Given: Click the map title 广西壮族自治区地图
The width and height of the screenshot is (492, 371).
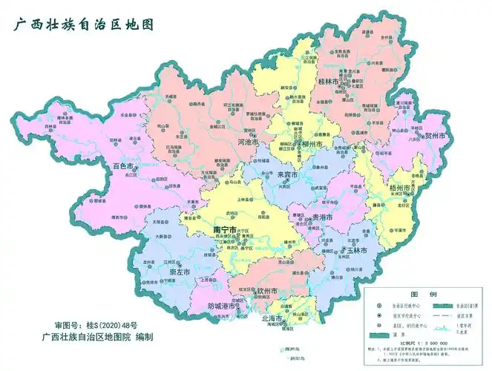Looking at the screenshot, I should pyautogui.click(x=82, y=24).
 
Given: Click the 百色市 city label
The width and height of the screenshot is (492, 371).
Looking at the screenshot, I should pyautogui.click(x=122, y=166).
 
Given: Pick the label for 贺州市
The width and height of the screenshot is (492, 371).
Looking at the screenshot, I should pyautogui.click(x=435, y=137).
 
